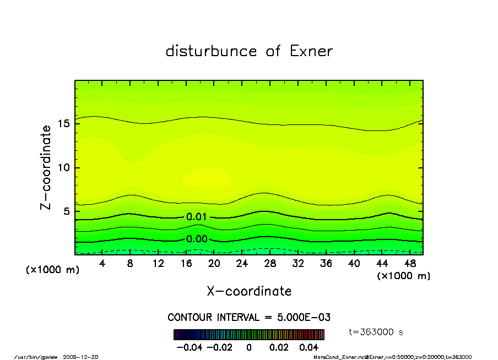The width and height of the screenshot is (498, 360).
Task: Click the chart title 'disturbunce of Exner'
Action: (x=249, y=51)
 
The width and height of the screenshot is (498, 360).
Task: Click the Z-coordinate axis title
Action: (x=46, y=167)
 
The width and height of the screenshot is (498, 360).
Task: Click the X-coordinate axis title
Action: (x=249, y=291)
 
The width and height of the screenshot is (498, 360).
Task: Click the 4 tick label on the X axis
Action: (x=102, y=264)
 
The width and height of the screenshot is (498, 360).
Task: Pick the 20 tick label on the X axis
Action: (x=214, y=264)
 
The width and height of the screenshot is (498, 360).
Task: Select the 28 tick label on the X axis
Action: (x=270, y=264)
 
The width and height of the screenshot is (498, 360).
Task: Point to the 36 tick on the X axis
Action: (x=326, y=264)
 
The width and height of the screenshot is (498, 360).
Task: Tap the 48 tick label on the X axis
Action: (x=410, y=264)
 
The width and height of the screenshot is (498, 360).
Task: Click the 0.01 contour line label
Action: (x=197, y=217)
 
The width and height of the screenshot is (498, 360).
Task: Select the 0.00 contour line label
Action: (x=197, y=239)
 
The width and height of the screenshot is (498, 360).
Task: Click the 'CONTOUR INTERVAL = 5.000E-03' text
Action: (x=249, y=317)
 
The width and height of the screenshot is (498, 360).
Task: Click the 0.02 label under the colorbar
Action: (x=279, y=347)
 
